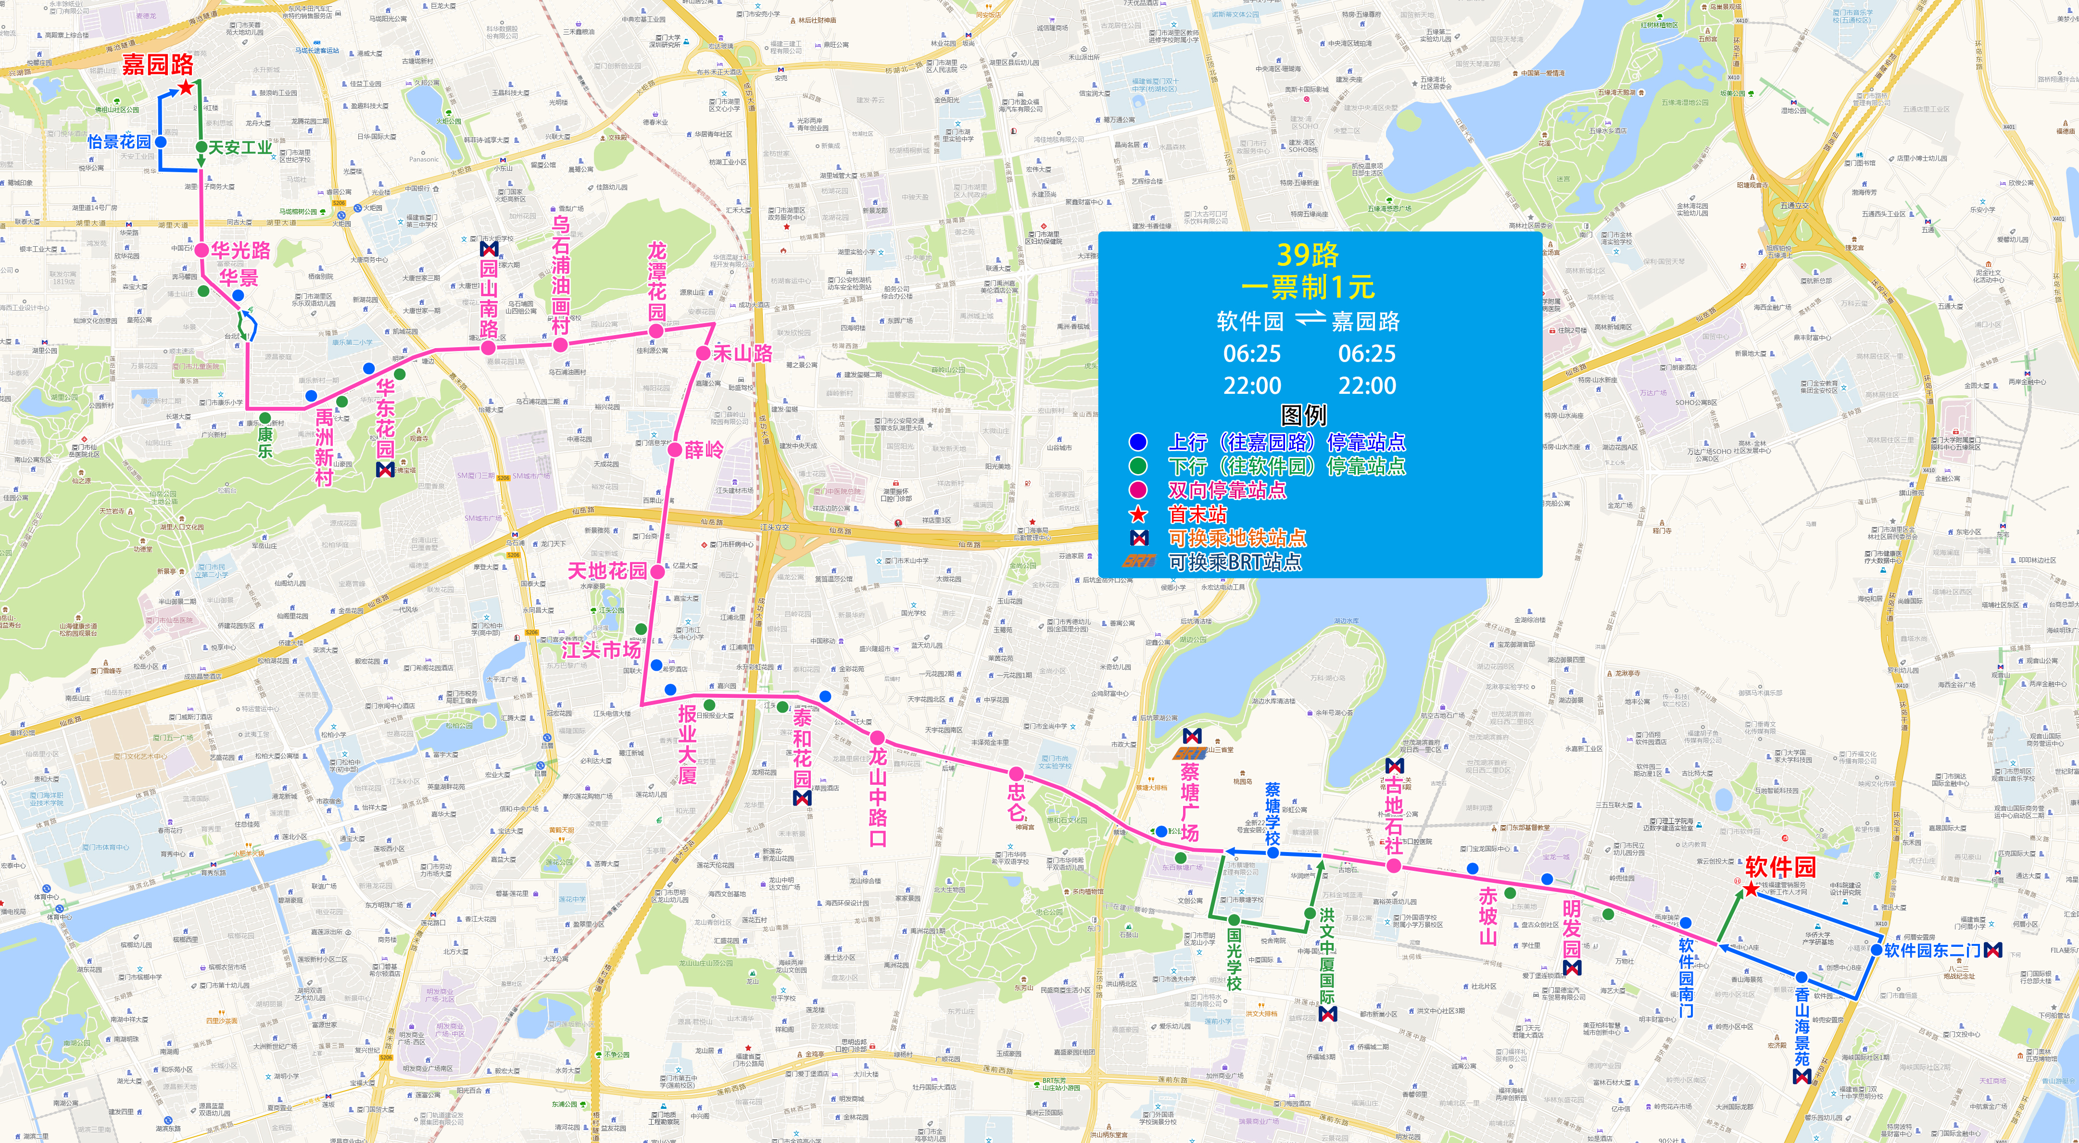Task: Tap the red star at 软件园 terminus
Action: pyautogui.click(x=1750, y=889)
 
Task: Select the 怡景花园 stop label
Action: pyautogui.click(x=119, y=142)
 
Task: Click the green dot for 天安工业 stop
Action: pyautogui.click(x=201, y=147)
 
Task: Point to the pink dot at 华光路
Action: pyautogui.click(x=201, y=250)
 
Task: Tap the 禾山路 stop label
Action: pyautogui.click(x=743, y=353)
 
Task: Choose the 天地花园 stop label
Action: pyautogui.click(x=607, y=571)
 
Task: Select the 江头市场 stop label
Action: pyautogui.click(x=601, y=650)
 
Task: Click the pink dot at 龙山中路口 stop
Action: pyautogui.click(x=877, y=737)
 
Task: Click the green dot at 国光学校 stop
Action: pyautogui.click(x=1234, y=919)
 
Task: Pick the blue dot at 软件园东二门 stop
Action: pyautogui.click(x=1877, y=950)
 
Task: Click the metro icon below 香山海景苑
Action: pyautogui.click(x=1802, y=1076)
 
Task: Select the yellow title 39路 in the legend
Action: pyautogui.click(x=1308, y=255)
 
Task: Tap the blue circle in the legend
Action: pyautogui.click(x=1138, y=441)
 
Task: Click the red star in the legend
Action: pyautogui.click(x=1138, y=514)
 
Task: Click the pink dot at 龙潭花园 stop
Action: pyautogui.click(x=656, y=331)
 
